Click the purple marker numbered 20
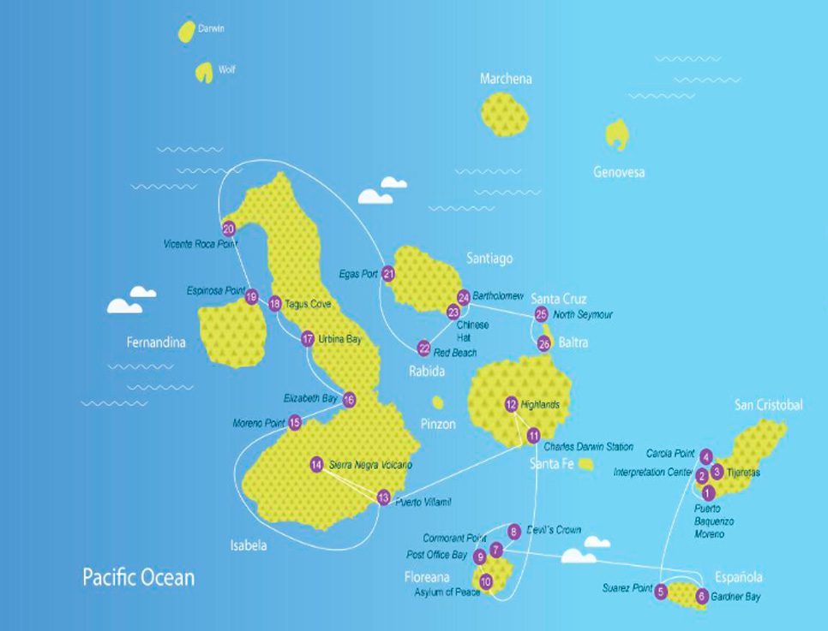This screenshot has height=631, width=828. point(228,229)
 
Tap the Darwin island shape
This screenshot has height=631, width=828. point(185,32)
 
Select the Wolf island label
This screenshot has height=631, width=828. point(226,70)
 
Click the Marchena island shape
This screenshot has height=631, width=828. point(504,114)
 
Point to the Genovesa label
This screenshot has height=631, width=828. point(618,172)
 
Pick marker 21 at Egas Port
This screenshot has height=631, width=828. point(388,274)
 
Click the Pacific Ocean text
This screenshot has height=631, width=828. point(138,576)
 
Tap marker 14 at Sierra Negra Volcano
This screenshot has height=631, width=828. point(316,465)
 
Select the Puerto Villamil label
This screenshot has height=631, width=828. point(423,502)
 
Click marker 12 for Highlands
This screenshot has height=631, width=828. point(511,404)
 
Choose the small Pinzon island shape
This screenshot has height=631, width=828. point(438,402)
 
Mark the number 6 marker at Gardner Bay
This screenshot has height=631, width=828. point(702,596)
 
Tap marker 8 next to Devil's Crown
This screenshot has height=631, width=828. point(513,531)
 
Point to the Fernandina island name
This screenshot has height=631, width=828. point(156,342)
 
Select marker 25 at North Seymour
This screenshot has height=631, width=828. point(541,314)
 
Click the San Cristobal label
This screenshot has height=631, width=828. point(768,405)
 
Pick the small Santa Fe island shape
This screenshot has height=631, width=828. point(585,464)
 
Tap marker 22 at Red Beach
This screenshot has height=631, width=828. point(423,348)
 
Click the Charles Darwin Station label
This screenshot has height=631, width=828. point(587,447)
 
